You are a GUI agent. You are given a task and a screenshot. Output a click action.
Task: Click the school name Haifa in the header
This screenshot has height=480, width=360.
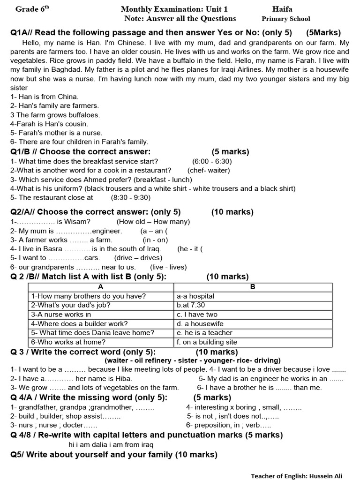282,9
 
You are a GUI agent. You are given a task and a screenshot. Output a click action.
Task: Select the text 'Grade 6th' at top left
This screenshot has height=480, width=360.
32,9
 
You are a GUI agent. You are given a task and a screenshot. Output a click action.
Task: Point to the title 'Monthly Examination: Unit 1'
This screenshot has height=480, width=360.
174,9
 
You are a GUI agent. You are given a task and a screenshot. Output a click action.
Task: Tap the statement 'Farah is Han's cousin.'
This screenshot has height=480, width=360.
49,124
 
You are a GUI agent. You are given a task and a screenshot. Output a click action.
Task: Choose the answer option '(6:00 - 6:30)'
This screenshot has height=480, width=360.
212,161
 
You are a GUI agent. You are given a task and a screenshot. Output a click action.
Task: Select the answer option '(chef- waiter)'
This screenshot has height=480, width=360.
209,170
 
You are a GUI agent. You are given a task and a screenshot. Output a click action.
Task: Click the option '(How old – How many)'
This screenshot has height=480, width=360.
153,221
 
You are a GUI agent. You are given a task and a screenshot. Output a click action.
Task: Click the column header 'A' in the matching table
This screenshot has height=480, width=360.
101,287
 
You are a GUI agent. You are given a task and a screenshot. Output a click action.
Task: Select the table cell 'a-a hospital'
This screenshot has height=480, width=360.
195,296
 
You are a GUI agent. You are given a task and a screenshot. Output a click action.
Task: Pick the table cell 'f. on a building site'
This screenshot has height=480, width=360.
207,342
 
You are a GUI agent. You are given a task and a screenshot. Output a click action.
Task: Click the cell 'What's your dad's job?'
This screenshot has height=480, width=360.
71,305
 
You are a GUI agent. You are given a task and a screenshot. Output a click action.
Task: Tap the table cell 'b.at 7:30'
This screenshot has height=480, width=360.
191,305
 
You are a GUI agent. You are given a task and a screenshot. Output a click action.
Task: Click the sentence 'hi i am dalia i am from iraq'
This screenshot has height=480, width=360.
111,444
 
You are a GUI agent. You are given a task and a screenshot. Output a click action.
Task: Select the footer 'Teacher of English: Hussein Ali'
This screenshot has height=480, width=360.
303,475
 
